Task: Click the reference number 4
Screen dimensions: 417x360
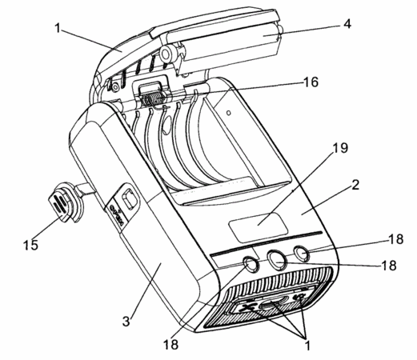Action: (347, 24)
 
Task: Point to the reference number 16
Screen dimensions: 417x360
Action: (311, 82)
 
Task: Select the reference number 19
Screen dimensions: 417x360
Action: (340, 148)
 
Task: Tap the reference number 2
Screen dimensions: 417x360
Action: (355, 185)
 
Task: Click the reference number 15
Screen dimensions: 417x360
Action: (30, 245)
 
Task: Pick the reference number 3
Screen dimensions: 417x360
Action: (126, 321)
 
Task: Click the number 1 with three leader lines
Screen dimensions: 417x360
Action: (307, 346)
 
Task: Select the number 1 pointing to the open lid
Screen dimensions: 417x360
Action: (58, 28)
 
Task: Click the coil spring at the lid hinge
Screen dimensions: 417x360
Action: (152, 99)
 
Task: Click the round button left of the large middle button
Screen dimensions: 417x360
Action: (251, 264)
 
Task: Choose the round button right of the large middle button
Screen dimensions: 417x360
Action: (302, 253)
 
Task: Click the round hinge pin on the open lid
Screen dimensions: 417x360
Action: (166, 54)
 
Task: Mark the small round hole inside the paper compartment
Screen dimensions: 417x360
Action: (228, 113)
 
